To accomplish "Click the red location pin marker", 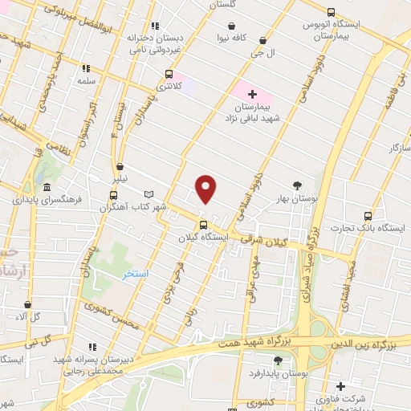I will click(206, 189).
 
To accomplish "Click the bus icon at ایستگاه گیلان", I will click(203, 225).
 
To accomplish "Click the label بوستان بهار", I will click(298, 197).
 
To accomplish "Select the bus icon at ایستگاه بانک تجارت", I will click(368, 216).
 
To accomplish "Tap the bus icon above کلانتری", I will click(168, 74).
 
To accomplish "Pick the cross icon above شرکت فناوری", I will click(340, 386).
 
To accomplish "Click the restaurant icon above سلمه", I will click(87, 70).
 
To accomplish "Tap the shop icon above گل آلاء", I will click(29, 305).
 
